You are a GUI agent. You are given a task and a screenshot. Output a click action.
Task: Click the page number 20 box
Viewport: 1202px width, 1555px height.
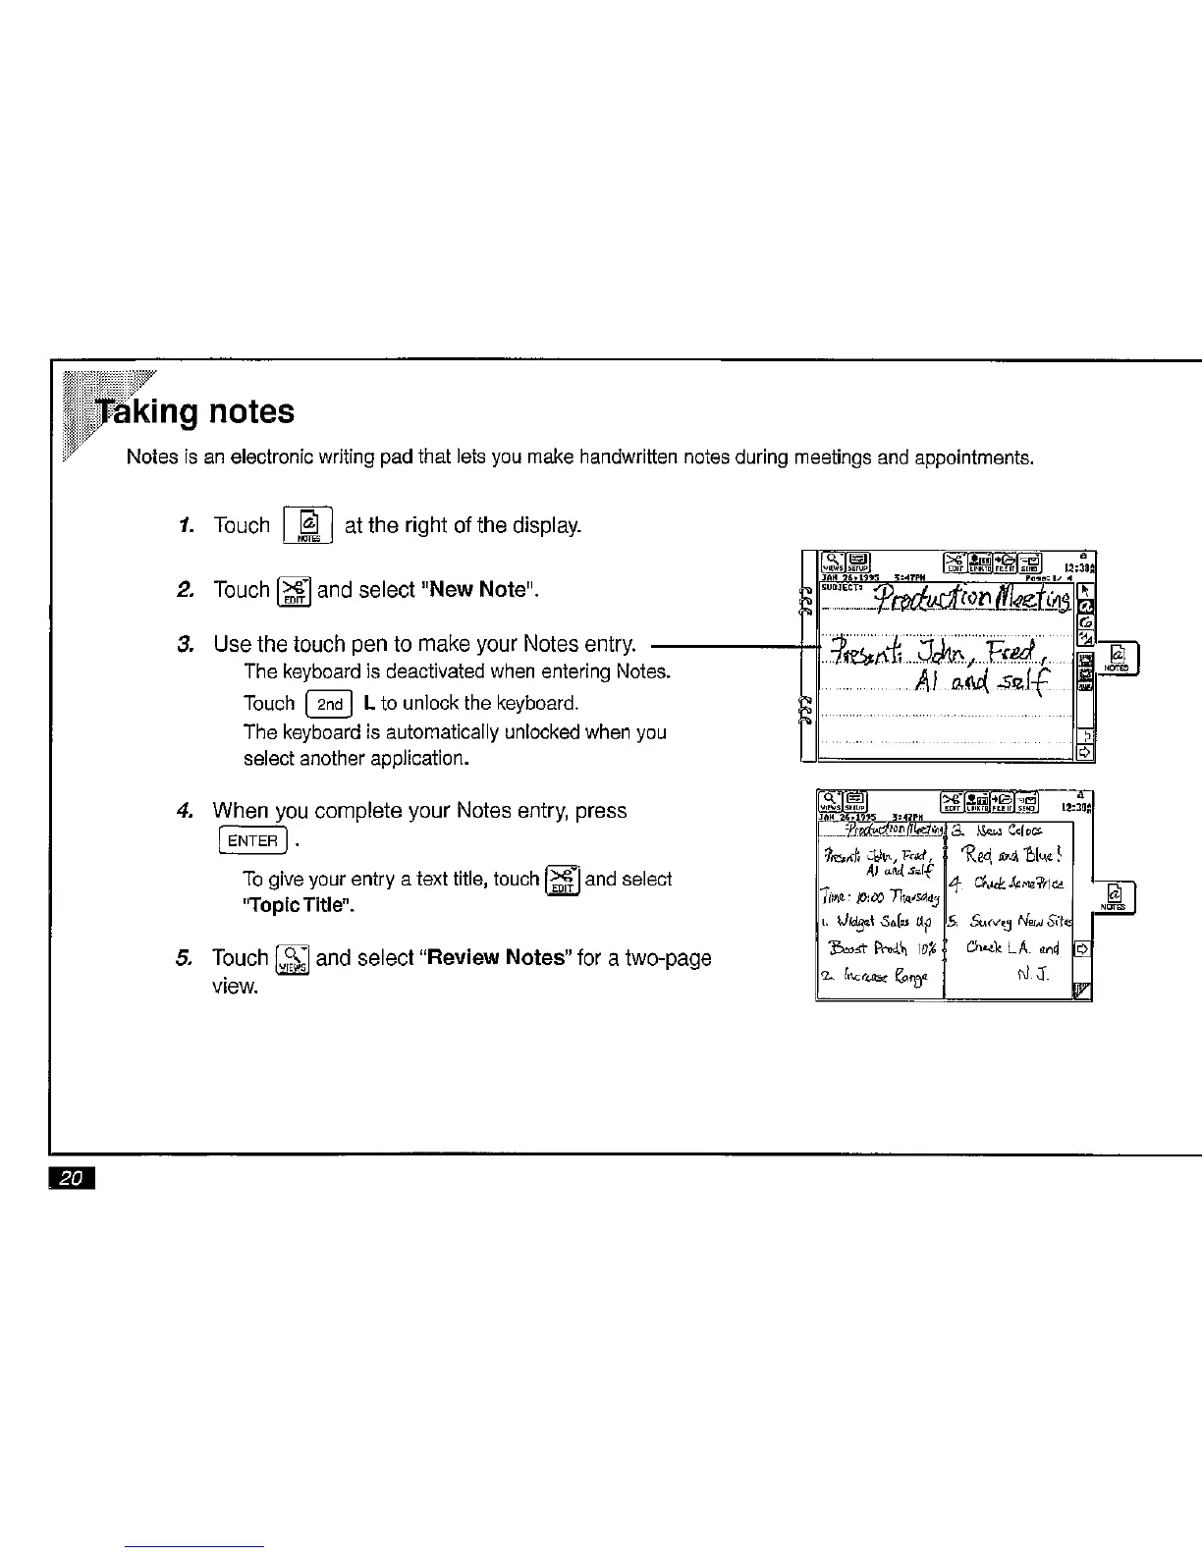pos(68,1178)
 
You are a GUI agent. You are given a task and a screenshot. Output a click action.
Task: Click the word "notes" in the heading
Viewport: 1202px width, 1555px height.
pos(251,411)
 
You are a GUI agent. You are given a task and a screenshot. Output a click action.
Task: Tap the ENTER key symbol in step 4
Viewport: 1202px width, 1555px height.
pos(253,841)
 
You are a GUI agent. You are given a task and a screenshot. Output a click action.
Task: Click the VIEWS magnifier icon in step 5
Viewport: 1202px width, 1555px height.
pos(294,959)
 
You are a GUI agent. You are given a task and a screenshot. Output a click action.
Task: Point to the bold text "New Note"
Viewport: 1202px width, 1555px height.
pos(482,590)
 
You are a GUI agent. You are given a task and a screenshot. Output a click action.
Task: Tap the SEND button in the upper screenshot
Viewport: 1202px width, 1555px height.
pos(1032,563)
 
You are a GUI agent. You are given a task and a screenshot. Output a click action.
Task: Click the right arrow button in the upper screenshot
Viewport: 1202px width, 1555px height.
pos(1085,751)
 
